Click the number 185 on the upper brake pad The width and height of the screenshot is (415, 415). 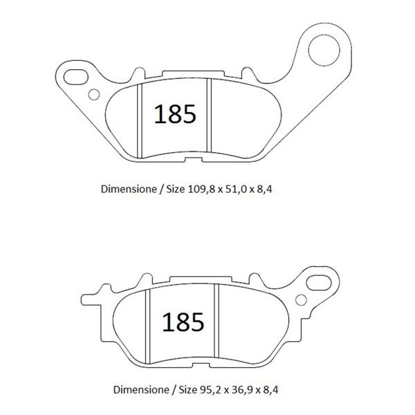(174, 114)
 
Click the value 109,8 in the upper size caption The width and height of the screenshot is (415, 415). (199, 187)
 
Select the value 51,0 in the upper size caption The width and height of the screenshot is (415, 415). (234, 187)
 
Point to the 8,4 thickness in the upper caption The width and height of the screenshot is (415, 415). (266, 187)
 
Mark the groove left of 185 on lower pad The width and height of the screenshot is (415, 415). (148, 325)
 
